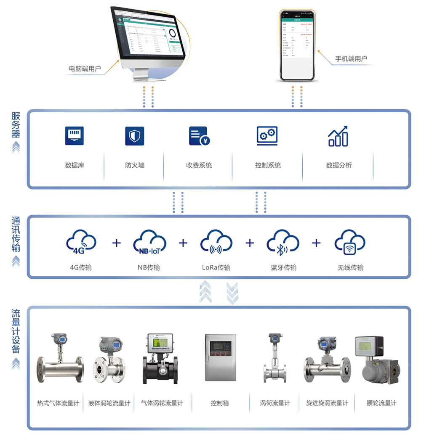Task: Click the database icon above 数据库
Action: (x=74, y=136)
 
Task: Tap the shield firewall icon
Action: (x=135, y=136)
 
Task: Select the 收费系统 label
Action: (x=199, y=165)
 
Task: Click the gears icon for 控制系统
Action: (x=267, y=136)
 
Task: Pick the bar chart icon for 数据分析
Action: (x=338, y=136)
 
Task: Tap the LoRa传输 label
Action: (x=216, y=267)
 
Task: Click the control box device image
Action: (x=220, y=358)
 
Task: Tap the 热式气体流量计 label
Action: (x=58, y=403)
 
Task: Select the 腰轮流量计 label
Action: (x=381, y=403)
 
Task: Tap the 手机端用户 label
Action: (x=351, y=59)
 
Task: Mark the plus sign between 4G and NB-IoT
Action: (x=117, y=243)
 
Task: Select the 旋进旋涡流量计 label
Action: (x=327, y=403)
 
